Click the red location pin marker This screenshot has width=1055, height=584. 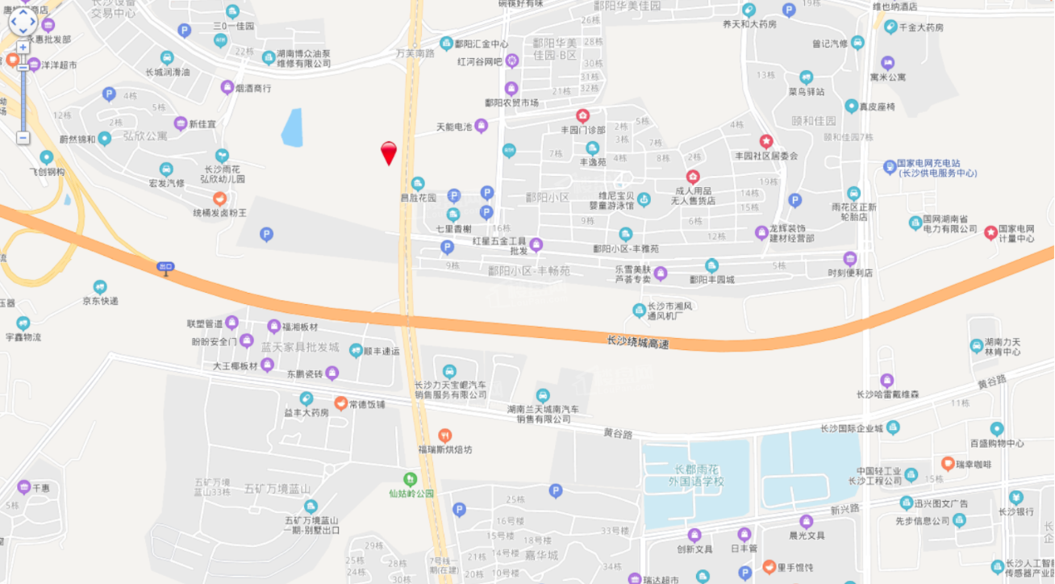tap(389, 152)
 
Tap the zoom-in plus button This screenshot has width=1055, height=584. tap(23, 48)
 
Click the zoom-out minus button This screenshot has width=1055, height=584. tap(23, 138)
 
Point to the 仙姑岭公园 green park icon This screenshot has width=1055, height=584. tap(410, 478)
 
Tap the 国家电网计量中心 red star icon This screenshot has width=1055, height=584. tap(990, 232)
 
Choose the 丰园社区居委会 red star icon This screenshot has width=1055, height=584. tap(765, 141)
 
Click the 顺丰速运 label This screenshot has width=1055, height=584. tap(382, 351)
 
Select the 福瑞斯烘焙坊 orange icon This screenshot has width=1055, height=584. tap(444, 436)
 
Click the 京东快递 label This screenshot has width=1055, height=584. tap(100, 301)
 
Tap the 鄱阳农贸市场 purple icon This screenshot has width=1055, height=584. tap(511, 88)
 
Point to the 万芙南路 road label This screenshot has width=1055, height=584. tap(415, 52)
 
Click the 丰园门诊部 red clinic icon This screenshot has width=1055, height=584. tap(582, 115)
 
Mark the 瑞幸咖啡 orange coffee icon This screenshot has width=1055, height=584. tap(948, 463)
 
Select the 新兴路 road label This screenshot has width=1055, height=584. tap(844, 509)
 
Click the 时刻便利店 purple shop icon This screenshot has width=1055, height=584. tap(849, 259)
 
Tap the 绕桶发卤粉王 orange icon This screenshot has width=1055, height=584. tap(219, 198)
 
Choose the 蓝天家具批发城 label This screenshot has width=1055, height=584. tap(299, 347)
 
